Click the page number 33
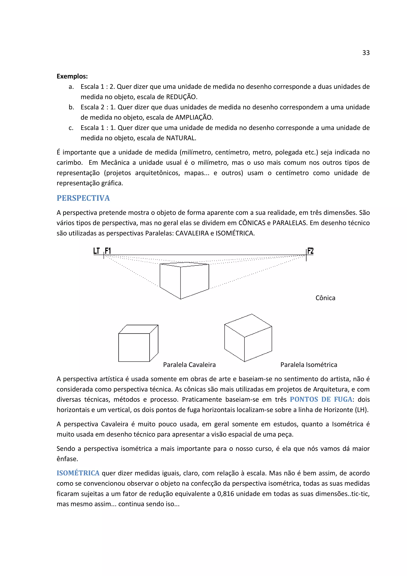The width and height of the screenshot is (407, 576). (366, 53)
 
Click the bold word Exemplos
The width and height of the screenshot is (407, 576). (72, 76)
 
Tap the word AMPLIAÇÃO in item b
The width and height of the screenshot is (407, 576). (194, 117)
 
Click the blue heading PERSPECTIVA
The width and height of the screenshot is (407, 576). (83, 198)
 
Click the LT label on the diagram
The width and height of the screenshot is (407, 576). (97, 251)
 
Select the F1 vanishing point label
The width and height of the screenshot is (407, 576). (108, 251)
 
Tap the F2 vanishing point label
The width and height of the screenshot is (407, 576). (310, 251)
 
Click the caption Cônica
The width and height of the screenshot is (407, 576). (325, 298)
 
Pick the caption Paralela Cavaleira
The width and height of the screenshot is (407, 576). (189, 365)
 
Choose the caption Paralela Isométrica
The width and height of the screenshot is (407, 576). (308, 365)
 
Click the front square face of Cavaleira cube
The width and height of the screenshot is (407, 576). (134, 347)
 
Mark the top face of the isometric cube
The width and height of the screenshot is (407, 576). (248, 325)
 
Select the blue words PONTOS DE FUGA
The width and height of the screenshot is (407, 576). (321, 399)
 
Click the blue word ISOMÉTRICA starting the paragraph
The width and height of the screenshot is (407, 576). (78, 473)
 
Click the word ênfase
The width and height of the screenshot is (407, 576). (67, 459)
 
